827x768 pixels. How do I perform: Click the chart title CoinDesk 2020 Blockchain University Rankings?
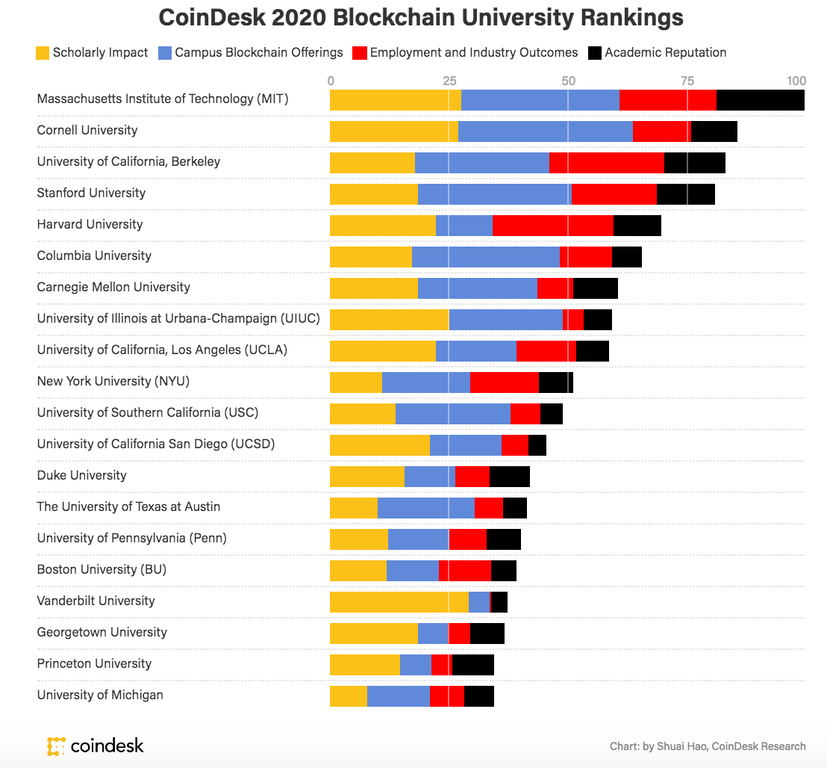[x=421, y=18]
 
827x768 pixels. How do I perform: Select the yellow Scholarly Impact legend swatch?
[x=43, y=53]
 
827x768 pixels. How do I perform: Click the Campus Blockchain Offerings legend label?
[x=258, y=52]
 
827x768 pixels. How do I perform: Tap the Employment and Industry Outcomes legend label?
[x=473, y=52]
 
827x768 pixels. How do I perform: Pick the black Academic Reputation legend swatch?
[x=595, y=53]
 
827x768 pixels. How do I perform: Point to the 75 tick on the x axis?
[x=687, y=81]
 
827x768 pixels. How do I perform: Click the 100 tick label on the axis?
[x=796, y=81]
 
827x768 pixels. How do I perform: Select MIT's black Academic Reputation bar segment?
[x=760, y=99]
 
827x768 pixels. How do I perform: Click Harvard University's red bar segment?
[x=552, y=225]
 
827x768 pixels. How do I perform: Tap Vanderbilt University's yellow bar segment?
[x=399, y=601]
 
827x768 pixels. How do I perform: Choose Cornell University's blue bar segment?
[x=545, y=131]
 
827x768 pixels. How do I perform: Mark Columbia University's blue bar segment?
[x=485, y=256]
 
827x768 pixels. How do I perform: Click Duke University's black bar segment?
[x=509, y=476]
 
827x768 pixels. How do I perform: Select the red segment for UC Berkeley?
[x=606, y=162]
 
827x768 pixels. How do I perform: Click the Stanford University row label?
[x=91, y=193]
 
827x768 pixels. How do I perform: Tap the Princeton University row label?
[x=94, y=663]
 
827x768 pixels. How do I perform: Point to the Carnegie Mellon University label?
[x=113, y=287]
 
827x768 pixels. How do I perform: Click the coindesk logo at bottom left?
[x=95, y=745]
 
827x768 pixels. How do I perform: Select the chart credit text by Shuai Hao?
[x=707, y=746]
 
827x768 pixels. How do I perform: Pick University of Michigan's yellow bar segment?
[x=348, y=696]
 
